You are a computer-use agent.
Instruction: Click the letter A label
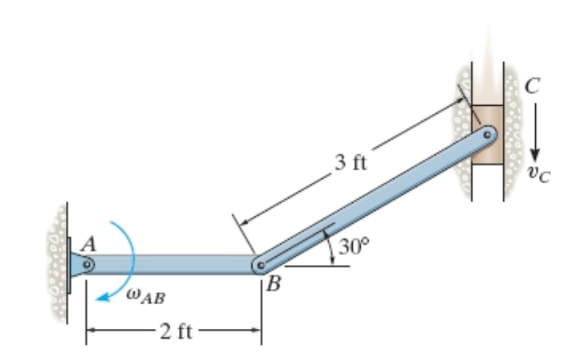(x=89, y=245)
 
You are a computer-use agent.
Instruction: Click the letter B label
(x=274, y=284)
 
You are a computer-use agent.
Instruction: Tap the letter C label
(x=532, y=86)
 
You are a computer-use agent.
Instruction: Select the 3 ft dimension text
(x=351, y=162)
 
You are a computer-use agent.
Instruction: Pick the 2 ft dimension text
(x=176, y=331)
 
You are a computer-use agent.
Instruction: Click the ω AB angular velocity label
(x=146, y=296)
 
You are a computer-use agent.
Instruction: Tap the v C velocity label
(x=538, y=174)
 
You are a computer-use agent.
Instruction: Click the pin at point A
(x=87, y=264)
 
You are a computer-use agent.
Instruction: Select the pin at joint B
(x=261, y=265)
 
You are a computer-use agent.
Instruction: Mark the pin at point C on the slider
(x=487, y=135)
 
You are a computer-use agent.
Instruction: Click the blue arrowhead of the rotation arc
(x=104, y=297)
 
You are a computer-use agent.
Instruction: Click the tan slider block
(x=487, y=135)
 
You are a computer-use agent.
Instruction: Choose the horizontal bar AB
(x=172, y=264)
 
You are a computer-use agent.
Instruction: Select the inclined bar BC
(x=374, y=200)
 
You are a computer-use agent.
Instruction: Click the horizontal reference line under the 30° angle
(x=317, y=267)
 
